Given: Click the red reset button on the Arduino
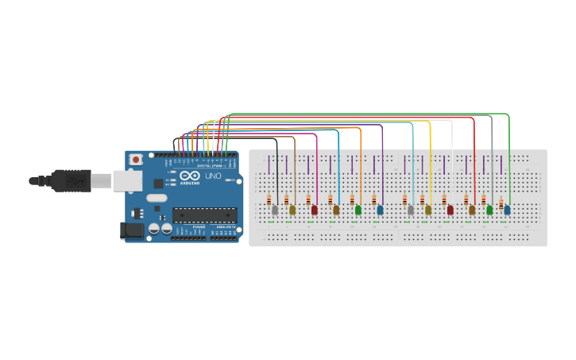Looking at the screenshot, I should pyautogui.click(x=136, y=159).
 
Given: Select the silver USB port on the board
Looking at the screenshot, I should pyautogui.click(x=127, y=181).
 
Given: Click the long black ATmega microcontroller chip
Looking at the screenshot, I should pyautogui.click(x=204, y=215).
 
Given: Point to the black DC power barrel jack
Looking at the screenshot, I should pyautogui.click(x=131, y=230).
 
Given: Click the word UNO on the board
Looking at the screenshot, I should pyautogui.click(x=214, y=176).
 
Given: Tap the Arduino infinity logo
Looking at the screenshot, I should pyautogui.click(x=190, y=176).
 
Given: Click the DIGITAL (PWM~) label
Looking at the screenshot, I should pyautogui.click(x=210, y=165).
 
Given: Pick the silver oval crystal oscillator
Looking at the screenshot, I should pyautogui.click(x=157, y=198).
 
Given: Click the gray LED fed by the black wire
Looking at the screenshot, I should pyautogui.click(x=275, y=211).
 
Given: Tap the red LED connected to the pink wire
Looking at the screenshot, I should pyautogui.click(x=314, y=211).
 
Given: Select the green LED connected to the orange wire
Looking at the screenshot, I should pyautogui.click(x=358, y=211).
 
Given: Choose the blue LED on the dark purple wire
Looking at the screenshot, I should pyautogui.click(x=380, y=211).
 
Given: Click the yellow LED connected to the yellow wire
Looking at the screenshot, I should pyautogui.click(x=428, y=211).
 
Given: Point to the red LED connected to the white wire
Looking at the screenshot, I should pyautogui.click(x=450, y=211).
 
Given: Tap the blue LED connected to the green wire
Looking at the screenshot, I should pyautogui.click(x=507, y=211).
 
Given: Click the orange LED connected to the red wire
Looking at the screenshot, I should pyautogui.click(x=472, y=211).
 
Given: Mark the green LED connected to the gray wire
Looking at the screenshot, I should pyautogui.click(x=489, y=211).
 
